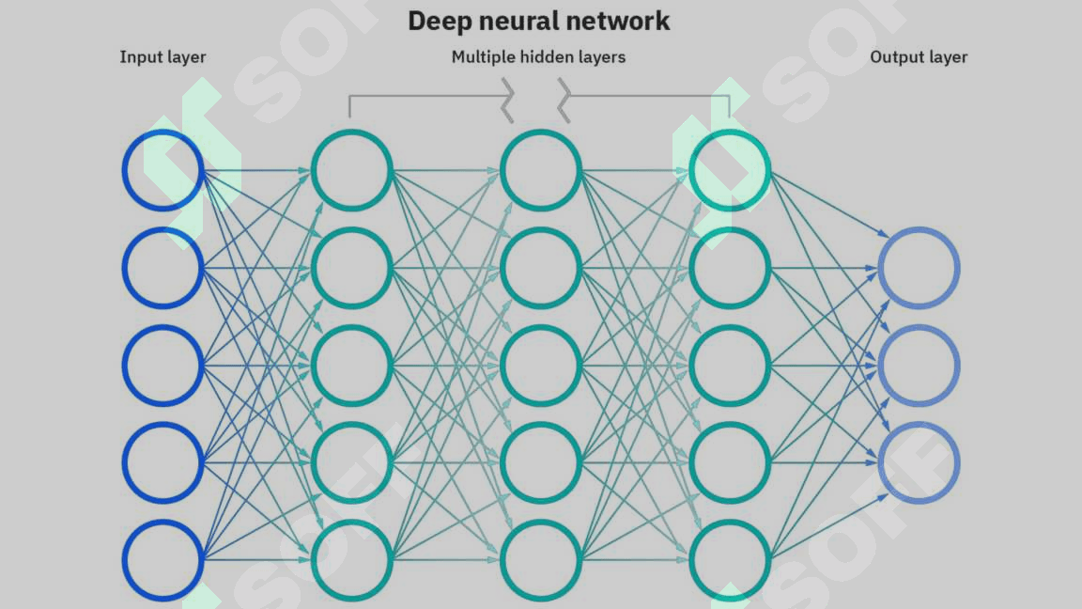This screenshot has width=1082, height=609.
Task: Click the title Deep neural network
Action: [539, 21]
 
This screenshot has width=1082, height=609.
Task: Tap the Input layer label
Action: [162, 57]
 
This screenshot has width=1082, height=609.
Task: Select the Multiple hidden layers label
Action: [538, 57]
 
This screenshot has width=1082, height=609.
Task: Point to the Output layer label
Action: [919, 57]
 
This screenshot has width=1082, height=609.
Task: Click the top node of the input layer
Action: [162, 170]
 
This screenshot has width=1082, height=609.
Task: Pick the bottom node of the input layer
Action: [162, 560]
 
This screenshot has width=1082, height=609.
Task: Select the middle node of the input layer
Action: [162, 365]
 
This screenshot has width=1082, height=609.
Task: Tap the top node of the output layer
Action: [919, 268]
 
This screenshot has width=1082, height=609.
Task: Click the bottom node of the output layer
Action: [919, 462]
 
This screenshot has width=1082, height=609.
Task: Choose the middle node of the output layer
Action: [919, 365]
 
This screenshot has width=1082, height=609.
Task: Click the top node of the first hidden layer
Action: [351, 170]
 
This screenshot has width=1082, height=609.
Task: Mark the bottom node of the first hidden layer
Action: [351, 560]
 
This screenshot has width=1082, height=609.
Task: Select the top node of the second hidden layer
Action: [540, 170]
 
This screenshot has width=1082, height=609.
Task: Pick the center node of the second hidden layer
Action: [540, 365]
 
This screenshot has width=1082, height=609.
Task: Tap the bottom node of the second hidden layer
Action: [540, 560]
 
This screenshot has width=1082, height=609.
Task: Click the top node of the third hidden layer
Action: [730, 170]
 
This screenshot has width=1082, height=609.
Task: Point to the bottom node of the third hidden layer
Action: [730, 560]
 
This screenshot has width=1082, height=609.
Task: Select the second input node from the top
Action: [162, 268]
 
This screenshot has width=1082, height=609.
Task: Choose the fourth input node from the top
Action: [162, 462]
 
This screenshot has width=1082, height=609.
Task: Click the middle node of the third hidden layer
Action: [730, 365]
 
